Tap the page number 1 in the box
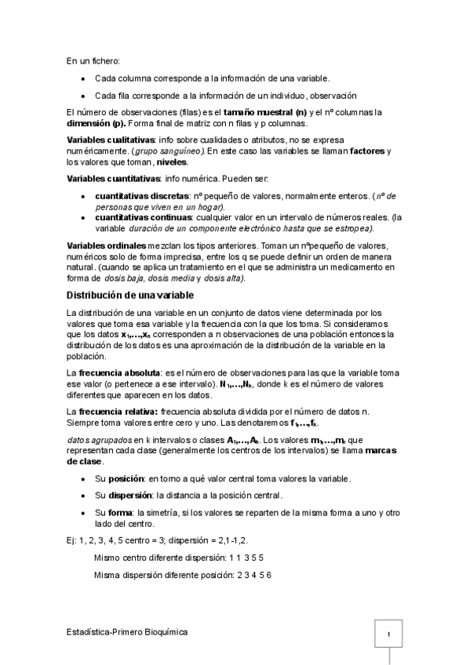389,634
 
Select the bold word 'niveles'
172,162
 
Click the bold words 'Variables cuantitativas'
113,179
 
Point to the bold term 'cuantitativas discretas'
141,195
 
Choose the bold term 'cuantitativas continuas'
143,217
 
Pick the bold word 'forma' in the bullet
120,512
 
